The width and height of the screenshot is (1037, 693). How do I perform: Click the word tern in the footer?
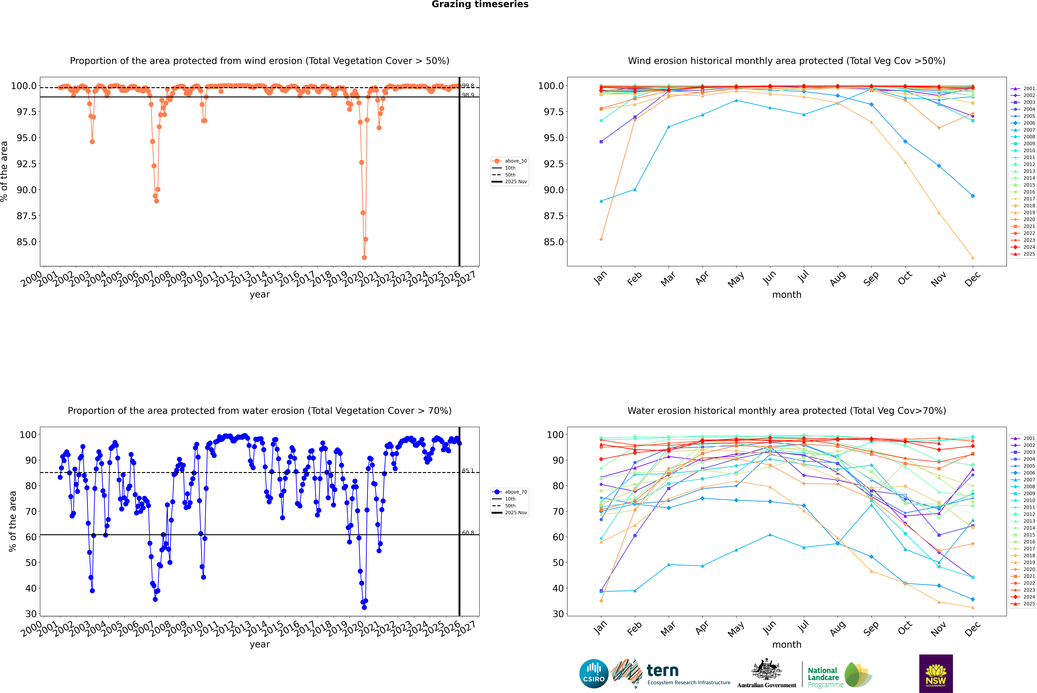pyautogui.click(x=662, y=671)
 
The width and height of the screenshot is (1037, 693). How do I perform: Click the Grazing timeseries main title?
pyautogui.click(x=480, y=4)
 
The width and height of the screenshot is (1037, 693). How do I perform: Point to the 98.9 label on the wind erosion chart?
pyautogui.click(x=468, y=95)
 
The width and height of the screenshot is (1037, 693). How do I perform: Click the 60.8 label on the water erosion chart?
pyautogui.click(x=468, y=533)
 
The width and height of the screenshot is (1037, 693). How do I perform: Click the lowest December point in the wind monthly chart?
pyautogui.click(x=972, y=258)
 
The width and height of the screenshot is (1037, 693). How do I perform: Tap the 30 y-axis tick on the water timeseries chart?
pyautogui.click(x=31, y=614)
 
